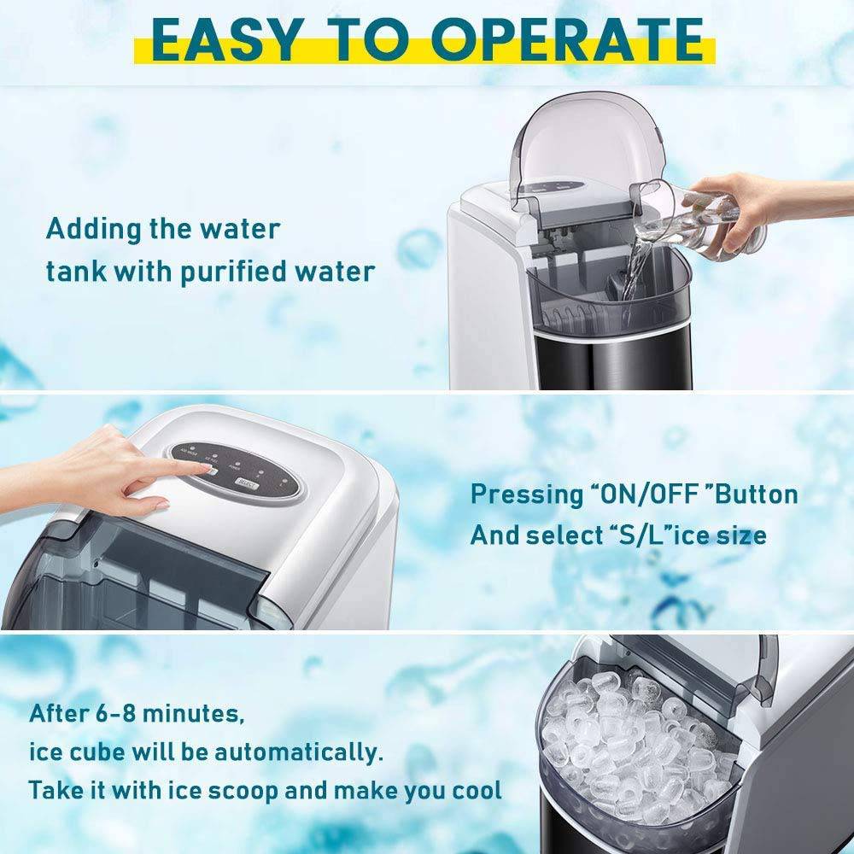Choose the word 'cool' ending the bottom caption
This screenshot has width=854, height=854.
click(473, 790)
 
